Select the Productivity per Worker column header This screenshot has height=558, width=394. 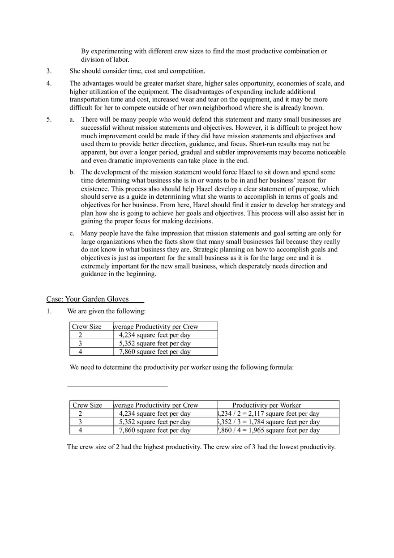pos(266,405)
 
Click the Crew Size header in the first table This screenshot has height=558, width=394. pos(87,327)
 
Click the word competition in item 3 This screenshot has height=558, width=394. pos(187,71)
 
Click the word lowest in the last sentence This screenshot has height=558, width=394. pos(282,447)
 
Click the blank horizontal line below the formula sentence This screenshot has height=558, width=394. pos(117,386)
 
